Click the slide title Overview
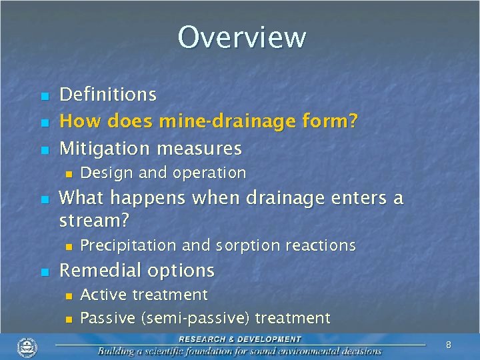pyautogui.click(x=241, y=37)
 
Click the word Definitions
pyautogui.click(x=108, y=95)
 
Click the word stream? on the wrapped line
pyautogui.click(x=94, y=220)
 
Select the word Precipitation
pyautogui.click(x=129, y=245)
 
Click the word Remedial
pyautogui.click(x=99, y=270)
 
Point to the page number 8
pyautogui.click(x=449, y=345)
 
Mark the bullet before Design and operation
pyautogui.click(x=67, y=174)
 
